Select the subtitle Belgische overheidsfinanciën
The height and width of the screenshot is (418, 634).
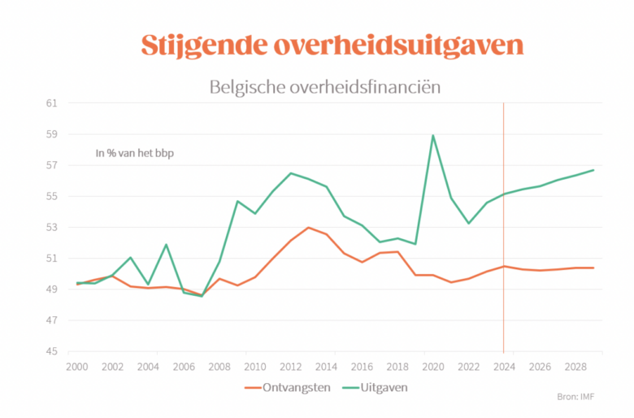[x=324, y=86]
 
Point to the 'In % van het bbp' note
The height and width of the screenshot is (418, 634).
[x=135, y=152]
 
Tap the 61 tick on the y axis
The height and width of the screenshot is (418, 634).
[x=52, y=103]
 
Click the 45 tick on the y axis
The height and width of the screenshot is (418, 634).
[x=52, y=351]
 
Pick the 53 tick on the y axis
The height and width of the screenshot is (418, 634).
[x=52, y=228]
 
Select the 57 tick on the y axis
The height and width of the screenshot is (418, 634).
[x=52, y=165]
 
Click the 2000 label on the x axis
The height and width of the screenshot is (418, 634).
[x=77, y=367]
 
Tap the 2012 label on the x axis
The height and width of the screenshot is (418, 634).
[x=290, y=367]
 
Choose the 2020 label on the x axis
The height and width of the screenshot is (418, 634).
[x=432, y=367]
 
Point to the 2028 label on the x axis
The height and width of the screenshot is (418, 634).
[x=575, y=367]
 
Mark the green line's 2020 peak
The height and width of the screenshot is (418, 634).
[x=432, y=136]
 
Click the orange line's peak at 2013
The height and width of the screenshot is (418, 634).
[x=308, y=228]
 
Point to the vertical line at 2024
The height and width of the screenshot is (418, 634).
[x=504, y=228]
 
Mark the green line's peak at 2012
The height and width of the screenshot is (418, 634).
[x=290, y=173]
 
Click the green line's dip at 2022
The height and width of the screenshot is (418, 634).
[x=468, y=223]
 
